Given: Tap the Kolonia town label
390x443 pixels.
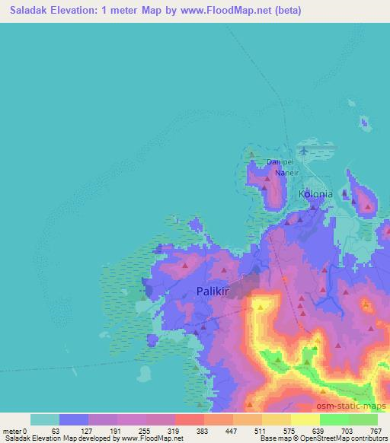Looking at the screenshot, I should point(315,194).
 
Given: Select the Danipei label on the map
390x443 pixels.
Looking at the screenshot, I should point(280,162).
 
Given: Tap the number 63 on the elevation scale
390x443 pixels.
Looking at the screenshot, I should point(55,430).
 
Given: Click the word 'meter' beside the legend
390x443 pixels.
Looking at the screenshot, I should point(11,430).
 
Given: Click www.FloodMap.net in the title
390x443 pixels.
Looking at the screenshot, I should point(227,11).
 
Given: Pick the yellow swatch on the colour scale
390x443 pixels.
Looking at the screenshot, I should point(305,419).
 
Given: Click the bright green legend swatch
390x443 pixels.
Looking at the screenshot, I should point(334,419).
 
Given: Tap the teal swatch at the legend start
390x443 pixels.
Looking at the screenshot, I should point(45,419).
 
